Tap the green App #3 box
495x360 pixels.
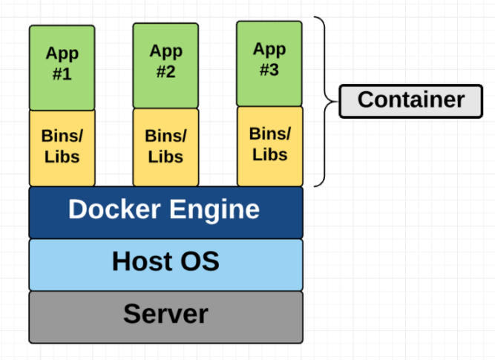pyautogui.click(x=269, y=62)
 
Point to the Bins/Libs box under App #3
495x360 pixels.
pyautogui.click(x=269, y=145)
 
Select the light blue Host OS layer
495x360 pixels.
pyautogui.click(x=165, y=264)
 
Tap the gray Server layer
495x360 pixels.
pyautogui.click(x=165, y=316)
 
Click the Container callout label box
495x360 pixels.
pyautogui.click(x=410, y=100)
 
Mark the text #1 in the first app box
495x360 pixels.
pyautogui.click(x=62, y=74)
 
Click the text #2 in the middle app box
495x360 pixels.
pyautogui.click(x=165, y=73)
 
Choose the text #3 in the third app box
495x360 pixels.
pyautogui.click(x=269, y=70)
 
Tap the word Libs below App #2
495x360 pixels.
pyautogui.click(x=165, y=157)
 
